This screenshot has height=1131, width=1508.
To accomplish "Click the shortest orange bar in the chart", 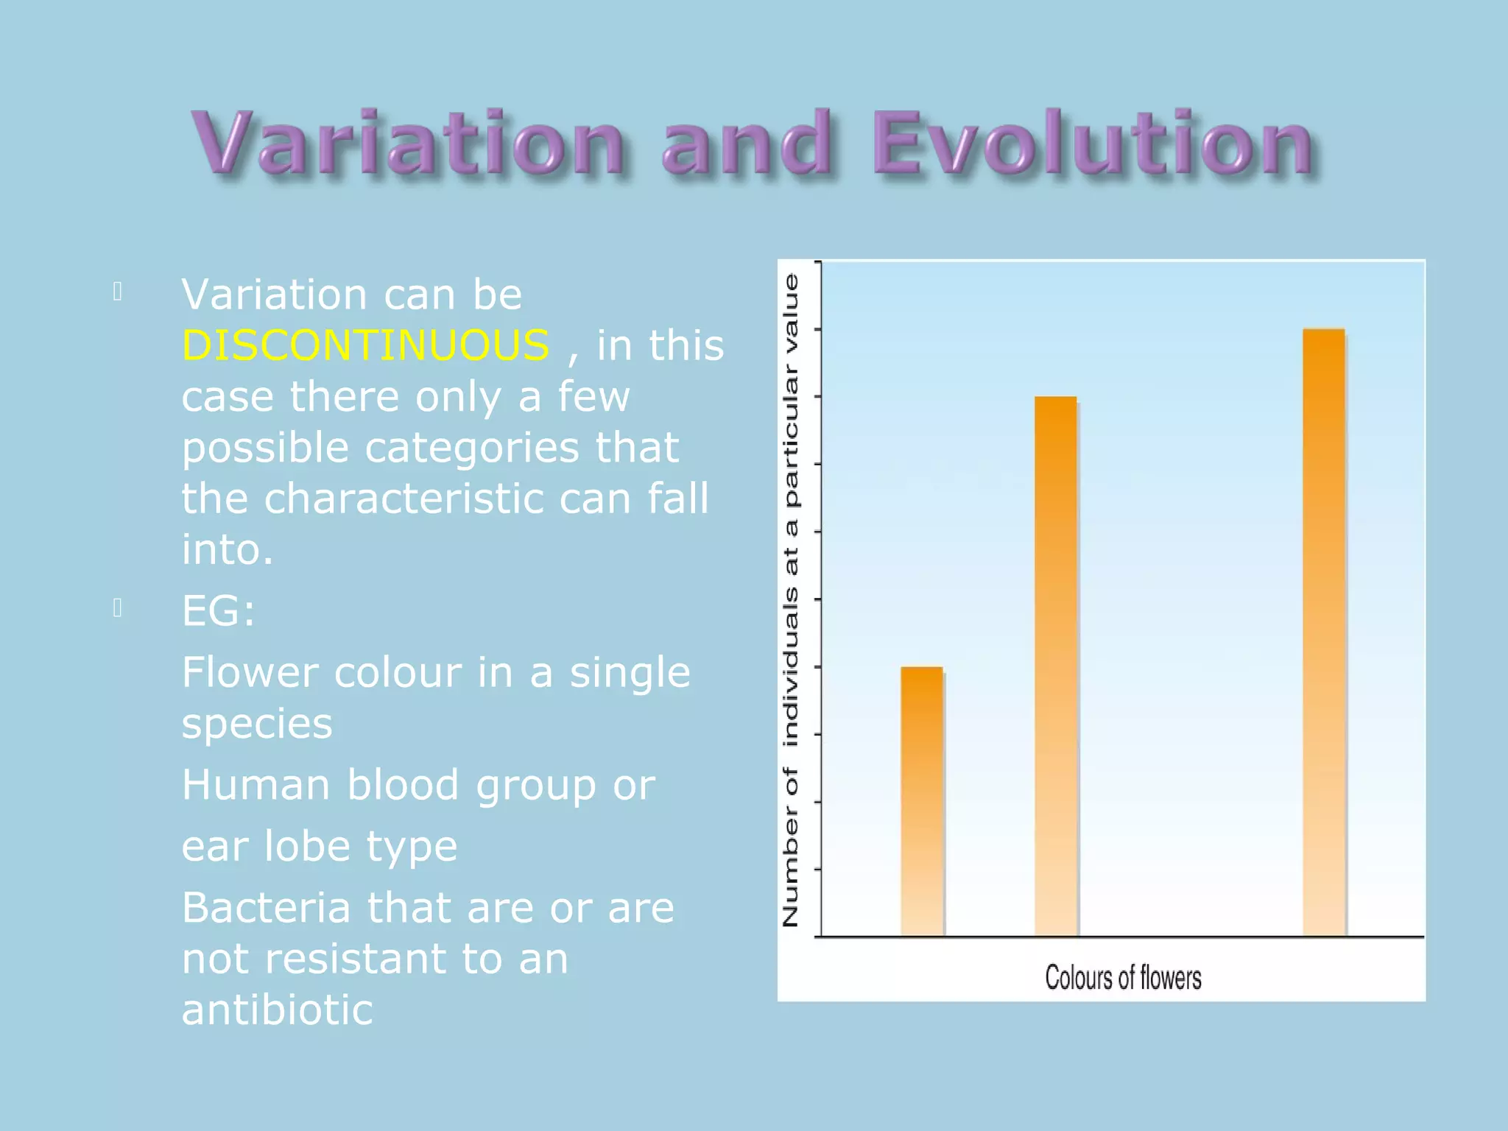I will pos(922,803).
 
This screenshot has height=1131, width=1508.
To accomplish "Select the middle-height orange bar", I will pos(1055,666).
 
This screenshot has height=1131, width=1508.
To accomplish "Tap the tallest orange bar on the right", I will pos(1323,633).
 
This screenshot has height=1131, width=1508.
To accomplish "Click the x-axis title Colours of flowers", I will pos(1123,978).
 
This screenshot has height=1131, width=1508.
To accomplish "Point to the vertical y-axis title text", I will pos(790,600).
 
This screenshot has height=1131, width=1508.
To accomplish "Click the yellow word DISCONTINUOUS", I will pos(365,345).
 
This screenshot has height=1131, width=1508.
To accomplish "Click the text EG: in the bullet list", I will pos(218,611).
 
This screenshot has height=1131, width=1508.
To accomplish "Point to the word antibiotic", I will pos(277,1010).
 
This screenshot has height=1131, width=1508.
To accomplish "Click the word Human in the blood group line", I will pos(256,785).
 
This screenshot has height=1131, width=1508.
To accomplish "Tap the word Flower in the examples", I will pos(250,672).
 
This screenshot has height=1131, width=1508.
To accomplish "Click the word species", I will pos(257,724).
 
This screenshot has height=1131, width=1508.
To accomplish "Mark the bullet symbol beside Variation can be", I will pos(117,292).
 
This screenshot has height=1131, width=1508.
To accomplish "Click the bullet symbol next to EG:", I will pos(117,608).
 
